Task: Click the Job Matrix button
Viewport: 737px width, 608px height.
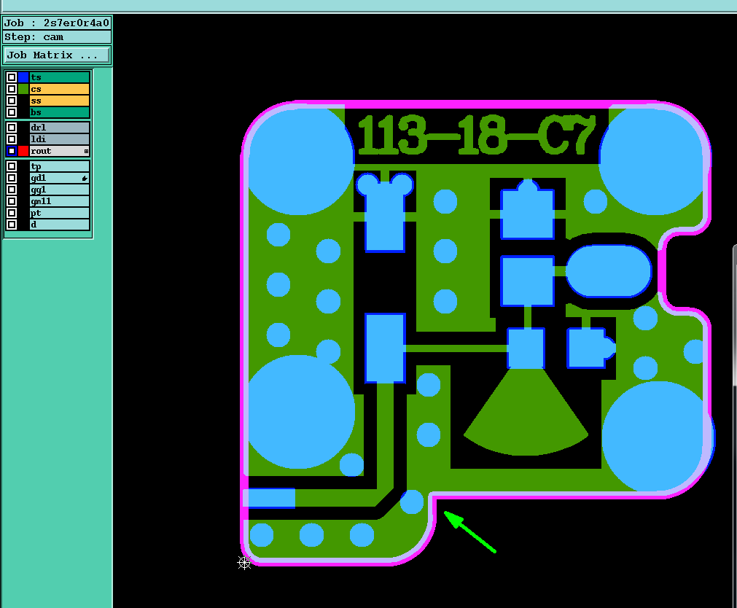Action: click(x=57, y=55)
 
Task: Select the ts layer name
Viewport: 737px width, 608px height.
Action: click(x=59, y=77)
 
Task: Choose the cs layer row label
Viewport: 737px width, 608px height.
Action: click(x=59, y=89)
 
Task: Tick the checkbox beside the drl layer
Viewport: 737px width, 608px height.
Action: click(x=12, y=128)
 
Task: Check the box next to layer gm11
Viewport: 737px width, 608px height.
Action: click(x=12, y=201)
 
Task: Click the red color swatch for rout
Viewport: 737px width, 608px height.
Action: click(x=24, y=151)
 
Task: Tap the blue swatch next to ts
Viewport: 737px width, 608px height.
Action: click(x=24, y=77)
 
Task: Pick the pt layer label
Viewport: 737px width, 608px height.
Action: click(x=59, y=213)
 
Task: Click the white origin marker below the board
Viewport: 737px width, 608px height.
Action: click(x=244, y=562)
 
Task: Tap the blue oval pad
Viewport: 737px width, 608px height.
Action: click(x=609, y=271)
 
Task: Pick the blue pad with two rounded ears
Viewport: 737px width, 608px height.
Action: click(x=384, y=211)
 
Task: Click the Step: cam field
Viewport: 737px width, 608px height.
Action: click(x=57, y=36)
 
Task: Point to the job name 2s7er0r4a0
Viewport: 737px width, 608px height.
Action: click(x=76, y=23)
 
